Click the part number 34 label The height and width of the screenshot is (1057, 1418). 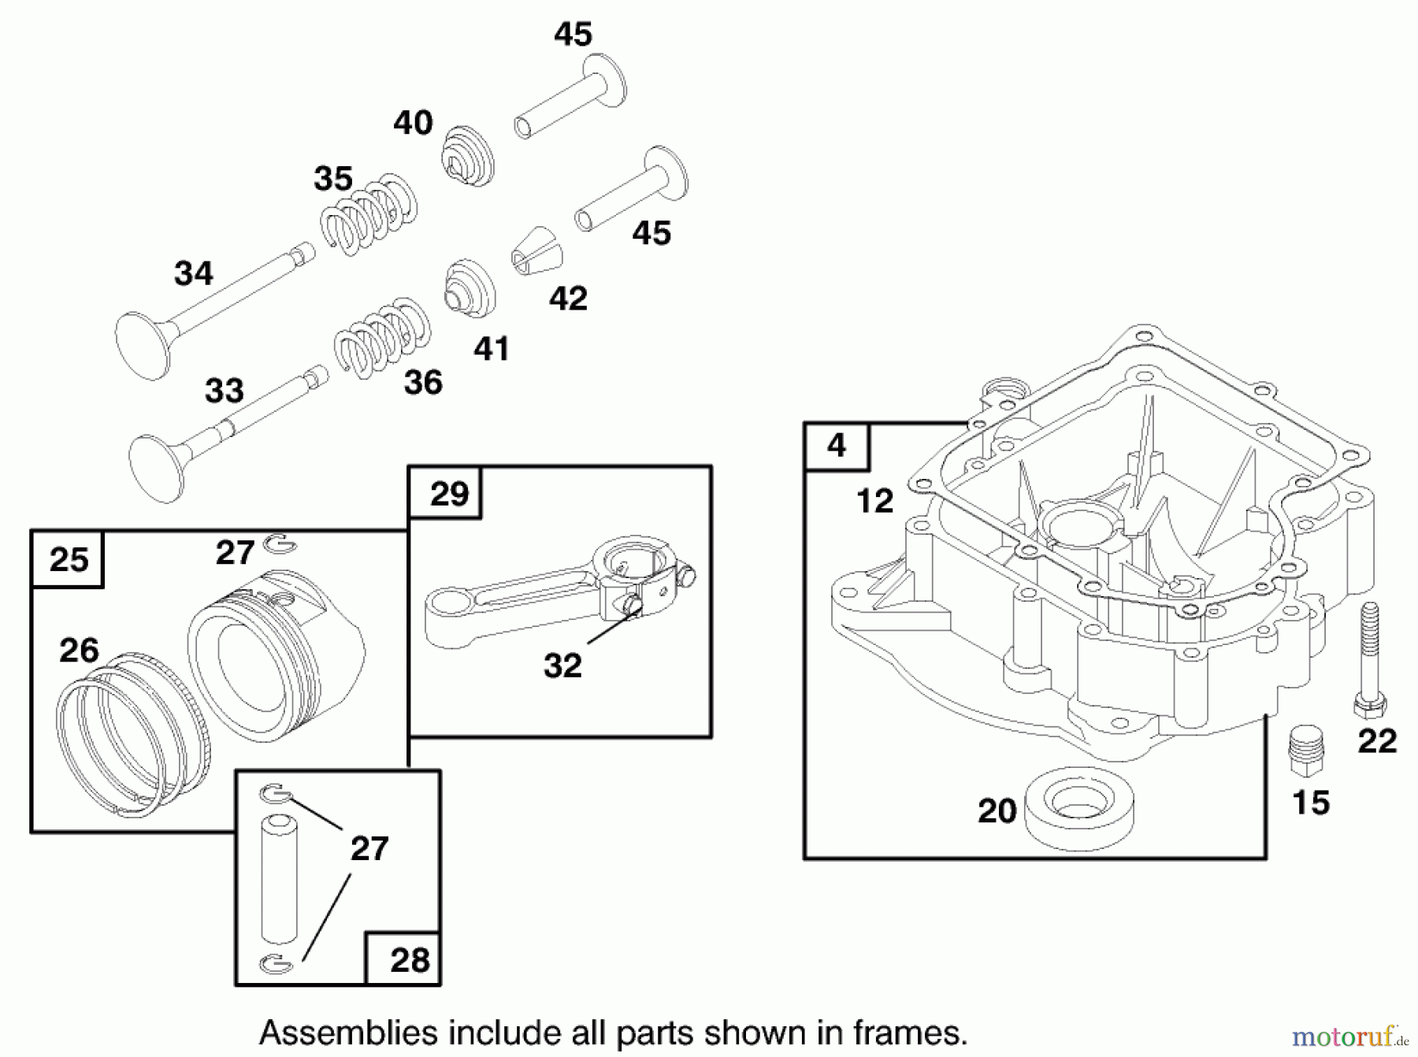(193, 274)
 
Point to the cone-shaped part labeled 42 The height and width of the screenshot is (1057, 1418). (538, 251)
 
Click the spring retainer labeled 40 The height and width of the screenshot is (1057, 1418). (466, 157)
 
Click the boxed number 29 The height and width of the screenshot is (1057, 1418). (449, 494)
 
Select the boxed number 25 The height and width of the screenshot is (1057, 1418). (69, 560)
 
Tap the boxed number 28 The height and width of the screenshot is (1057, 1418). (410, 960)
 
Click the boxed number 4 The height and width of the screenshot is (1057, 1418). (837, 446)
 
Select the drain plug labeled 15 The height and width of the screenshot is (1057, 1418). (1306, 752)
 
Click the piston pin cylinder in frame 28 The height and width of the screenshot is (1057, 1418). (279, 878)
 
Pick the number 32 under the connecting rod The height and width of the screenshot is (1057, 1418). (562, 666)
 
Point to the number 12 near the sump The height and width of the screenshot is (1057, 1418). (874, 501)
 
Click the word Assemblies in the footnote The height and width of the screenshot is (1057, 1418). (347, 1033)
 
